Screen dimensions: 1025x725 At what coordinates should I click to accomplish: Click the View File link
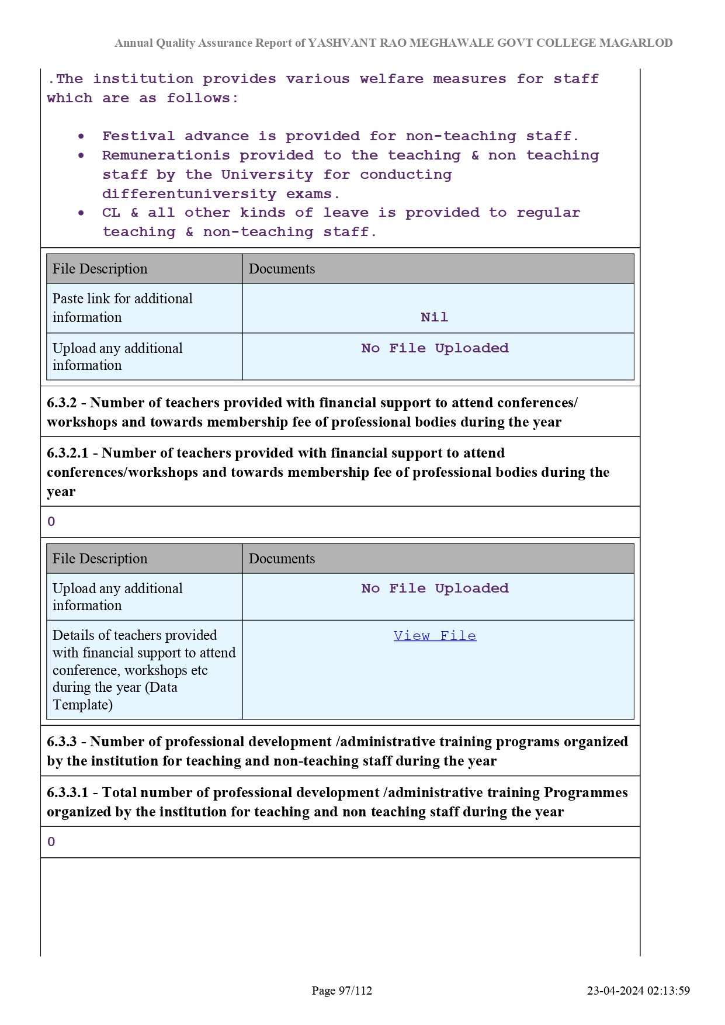[x=435, y=636]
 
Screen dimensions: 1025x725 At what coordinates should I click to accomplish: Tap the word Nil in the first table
[x=435, y=317]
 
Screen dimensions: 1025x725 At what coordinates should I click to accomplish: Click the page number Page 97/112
[x=342, y=991]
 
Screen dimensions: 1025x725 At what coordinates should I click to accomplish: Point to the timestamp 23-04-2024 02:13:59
[x=638, y=991]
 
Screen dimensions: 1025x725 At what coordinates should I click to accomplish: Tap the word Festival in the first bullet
[x=138, y=136]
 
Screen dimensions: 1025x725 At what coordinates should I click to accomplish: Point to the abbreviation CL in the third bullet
[x=111, y=213]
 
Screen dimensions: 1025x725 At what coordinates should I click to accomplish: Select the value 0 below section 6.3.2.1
[x=51, y=522]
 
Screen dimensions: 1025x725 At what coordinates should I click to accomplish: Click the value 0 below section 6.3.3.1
[x=51, y=842]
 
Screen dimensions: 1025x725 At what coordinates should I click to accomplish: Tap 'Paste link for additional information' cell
[x=123, y=308]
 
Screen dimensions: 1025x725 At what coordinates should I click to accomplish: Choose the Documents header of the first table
[x=282, y=269]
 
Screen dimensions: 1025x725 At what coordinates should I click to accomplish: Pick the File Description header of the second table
[x=100, y=559]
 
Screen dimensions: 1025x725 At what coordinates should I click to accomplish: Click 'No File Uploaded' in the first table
[x=435, y=348]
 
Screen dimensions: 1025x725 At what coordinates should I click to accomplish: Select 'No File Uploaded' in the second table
[x=435, y=588]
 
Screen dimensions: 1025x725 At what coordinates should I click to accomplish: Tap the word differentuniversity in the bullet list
[x=189, y=194]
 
